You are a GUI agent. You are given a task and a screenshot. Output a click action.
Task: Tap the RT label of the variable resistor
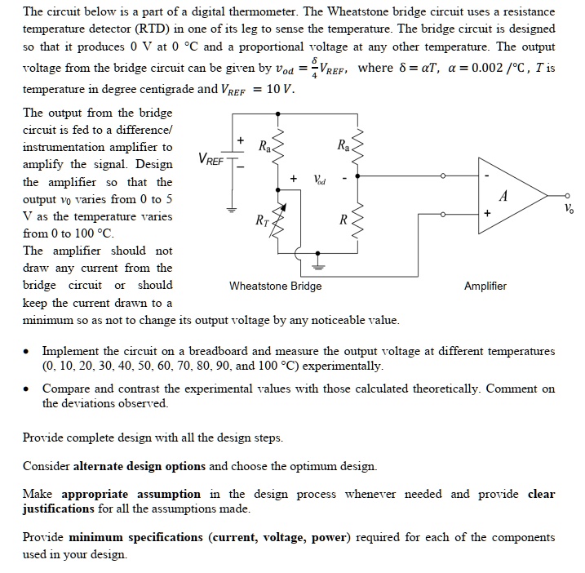tap(260, 220)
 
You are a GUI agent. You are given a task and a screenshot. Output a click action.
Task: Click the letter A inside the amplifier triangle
tap(503, 196)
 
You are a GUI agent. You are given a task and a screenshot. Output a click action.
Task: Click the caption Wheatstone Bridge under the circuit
tap(275, 286)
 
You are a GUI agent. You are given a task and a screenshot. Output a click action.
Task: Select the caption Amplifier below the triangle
tap(485, 286)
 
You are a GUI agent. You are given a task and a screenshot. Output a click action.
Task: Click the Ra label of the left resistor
tap(264, 148)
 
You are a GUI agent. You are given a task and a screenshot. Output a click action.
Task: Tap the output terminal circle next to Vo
tap(568, 196)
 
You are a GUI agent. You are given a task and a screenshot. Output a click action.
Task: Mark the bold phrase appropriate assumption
tap(131, 494)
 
